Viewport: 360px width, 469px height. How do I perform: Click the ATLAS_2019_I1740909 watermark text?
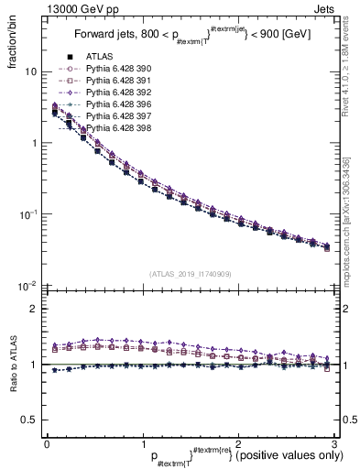(x=190, y=274)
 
